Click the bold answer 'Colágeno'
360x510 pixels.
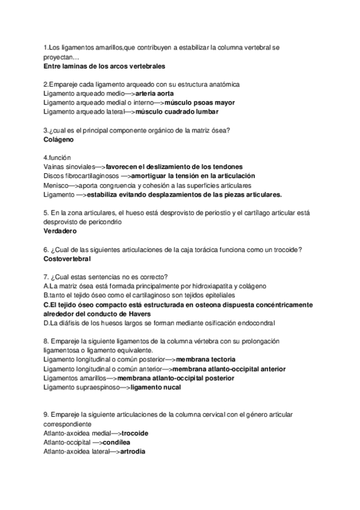(59, 139)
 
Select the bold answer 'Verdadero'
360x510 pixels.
(60, 230)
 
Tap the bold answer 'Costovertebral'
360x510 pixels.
(67, 259)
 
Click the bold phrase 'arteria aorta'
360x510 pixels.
(156, 94)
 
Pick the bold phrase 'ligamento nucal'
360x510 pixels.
(156, 387)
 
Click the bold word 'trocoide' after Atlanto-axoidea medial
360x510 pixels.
(135, 433)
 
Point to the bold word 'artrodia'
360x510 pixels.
(132, 451)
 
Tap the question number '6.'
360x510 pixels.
(47, 250)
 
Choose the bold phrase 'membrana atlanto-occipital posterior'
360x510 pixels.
(176, 378)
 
